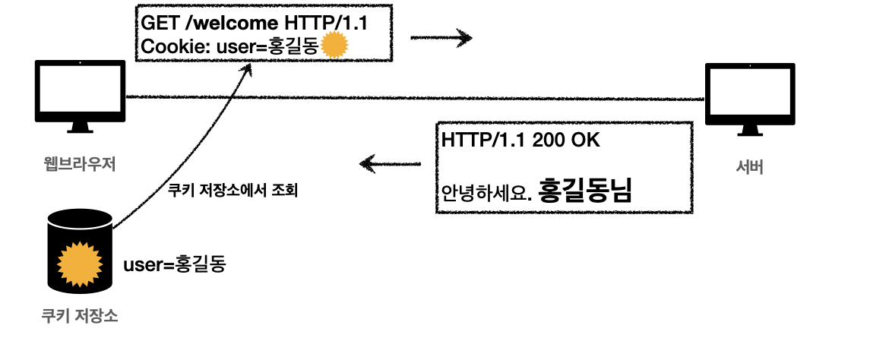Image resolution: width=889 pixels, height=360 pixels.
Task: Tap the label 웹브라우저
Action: [x=80, y=162]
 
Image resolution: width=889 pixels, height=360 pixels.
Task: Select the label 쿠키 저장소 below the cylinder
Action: [x=80, y=315]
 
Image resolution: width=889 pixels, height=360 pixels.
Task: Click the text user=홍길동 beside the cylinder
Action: [x=174, y=264]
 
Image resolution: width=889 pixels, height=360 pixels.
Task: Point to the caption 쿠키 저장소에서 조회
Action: [x=232, y=189]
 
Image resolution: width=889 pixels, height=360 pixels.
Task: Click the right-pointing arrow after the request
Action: [x=441, y=36]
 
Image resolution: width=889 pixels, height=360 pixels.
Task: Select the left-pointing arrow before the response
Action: [x=390, y=163]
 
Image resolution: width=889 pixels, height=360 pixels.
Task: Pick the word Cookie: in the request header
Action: [x=173, y=47]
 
